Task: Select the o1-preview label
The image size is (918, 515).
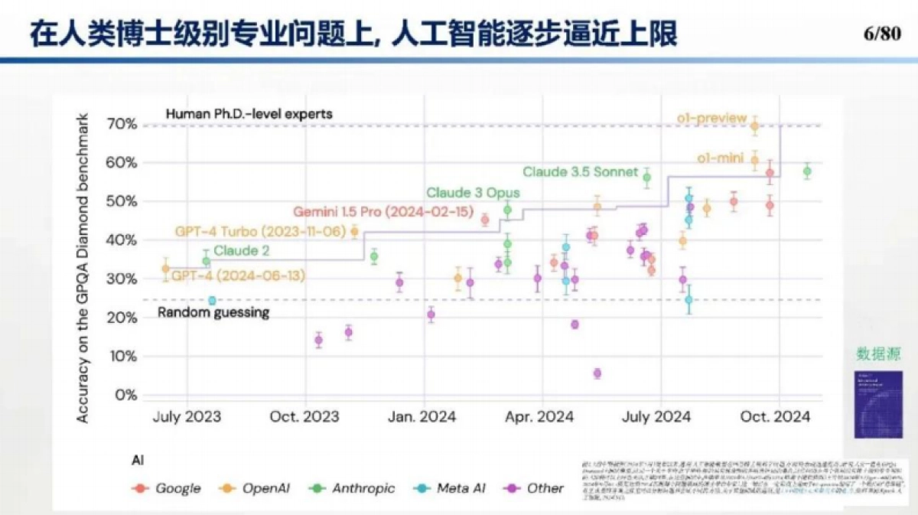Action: [x=711, y=118]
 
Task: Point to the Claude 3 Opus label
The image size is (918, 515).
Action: [x=473, y=192]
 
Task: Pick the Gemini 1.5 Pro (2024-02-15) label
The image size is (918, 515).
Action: [x=383, y=212]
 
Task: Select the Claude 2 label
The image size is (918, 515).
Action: [x=241, y=250]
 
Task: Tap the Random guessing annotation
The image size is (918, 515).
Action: [x=213, y=312]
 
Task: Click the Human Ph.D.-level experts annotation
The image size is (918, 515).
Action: [x=249, y=114]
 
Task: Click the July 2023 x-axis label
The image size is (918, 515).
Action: [x=187, y=417]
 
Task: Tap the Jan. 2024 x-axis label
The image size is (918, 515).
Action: [x=424, y=417]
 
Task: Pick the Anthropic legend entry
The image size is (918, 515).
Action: [x=355, y=488]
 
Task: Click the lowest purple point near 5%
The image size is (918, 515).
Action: [x=597, y=373]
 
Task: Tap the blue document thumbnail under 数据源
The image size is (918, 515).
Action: [x=872, y=404]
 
